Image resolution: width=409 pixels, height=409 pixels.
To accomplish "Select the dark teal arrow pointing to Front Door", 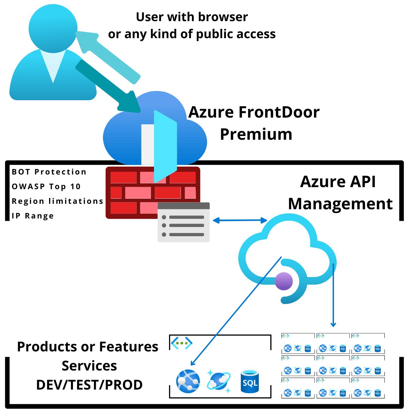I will [x=109, y=87].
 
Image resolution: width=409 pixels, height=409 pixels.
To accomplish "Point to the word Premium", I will [x=256, y=134].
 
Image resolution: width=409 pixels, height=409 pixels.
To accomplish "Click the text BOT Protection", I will [x=49, y=172].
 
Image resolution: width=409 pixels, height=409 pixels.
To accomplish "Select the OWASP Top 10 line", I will [x=46, y=186].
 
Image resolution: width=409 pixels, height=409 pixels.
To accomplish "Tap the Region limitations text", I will [x=57, y=201].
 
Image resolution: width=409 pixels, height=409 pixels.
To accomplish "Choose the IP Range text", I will [x=33, y=216].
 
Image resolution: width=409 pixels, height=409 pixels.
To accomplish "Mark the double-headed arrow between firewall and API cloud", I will [x=240, y=221].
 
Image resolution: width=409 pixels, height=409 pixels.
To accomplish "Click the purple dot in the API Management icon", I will [x=284, y=282].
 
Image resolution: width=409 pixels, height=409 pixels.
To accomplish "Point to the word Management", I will [x=340, y=203].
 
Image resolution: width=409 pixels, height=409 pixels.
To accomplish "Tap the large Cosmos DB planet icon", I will [x=218, y=381].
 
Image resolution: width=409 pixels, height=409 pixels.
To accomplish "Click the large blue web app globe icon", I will [x=188, y=381].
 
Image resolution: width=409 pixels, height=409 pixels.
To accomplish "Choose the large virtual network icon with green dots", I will [x=182, y=343].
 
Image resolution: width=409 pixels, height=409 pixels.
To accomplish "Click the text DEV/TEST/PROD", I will [x=89, y=385].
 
